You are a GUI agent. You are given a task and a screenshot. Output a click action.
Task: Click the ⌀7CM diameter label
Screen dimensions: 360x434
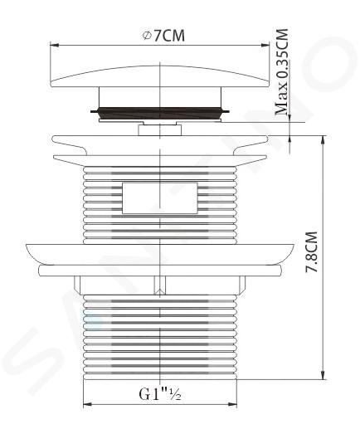163,36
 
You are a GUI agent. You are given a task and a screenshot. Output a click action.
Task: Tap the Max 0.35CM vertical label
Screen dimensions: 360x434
282,71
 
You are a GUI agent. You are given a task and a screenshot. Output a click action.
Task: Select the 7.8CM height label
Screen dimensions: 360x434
311,252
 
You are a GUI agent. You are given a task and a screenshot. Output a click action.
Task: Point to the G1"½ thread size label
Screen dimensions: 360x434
160,393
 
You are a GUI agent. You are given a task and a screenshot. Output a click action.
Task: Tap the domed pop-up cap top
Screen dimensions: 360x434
160,76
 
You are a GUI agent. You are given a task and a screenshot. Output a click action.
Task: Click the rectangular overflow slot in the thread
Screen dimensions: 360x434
160,197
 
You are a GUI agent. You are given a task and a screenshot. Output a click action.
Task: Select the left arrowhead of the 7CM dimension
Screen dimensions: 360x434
55,45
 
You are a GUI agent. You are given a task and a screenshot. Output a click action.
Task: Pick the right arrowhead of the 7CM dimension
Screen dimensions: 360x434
265,45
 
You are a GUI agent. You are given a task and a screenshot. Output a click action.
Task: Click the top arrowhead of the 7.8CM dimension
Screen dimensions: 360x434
323,139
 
